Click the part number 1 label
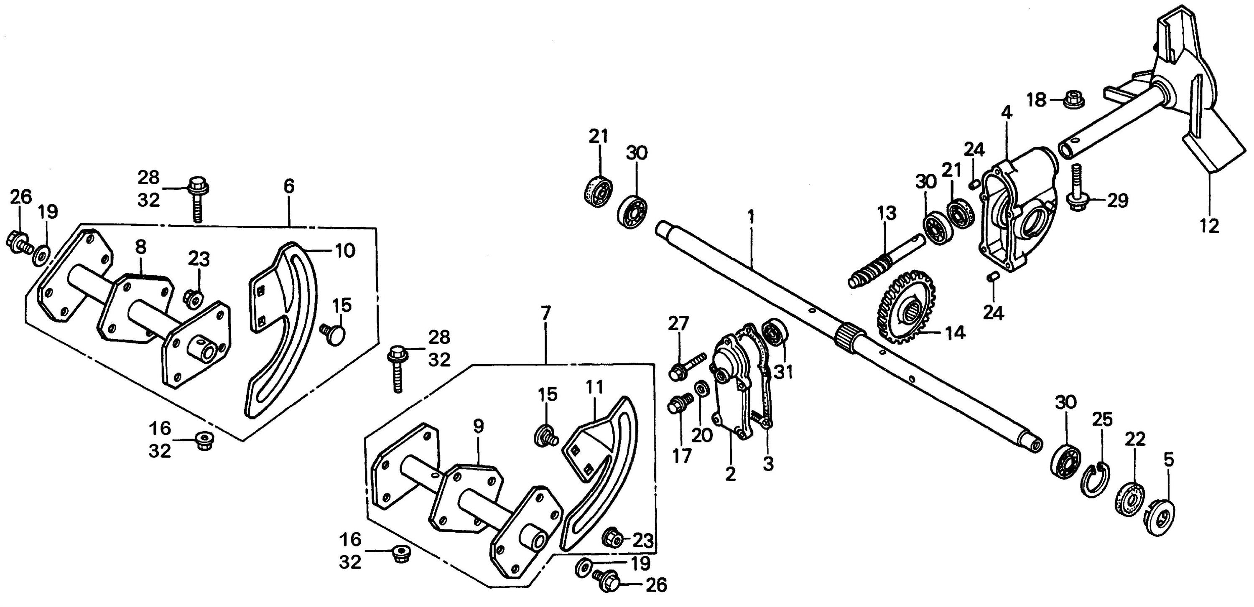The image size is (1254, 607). point(751,216)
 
